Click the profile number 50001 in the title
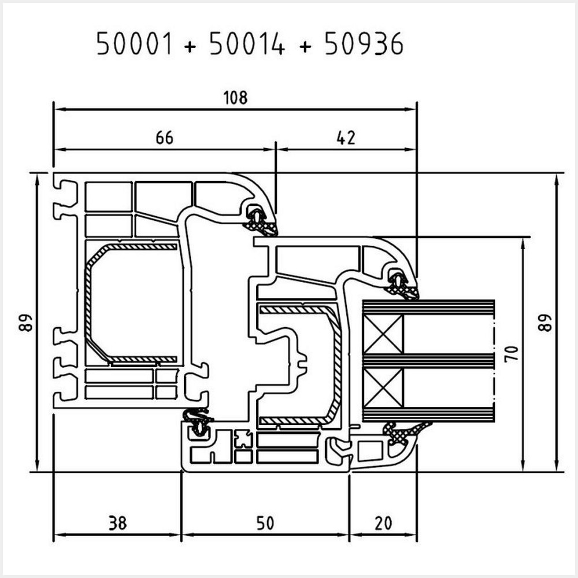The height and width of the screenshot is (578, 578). (x=134, y=44)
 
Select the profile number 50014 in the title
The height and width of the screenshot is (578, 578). (x=247, y=44)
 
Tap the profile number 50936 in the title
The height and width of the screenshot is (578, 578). (x=364, y=44)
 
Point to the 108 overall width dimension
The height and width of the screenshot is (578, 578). (x=235, y=98)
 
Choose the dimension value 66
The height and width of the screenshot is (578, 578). (x=165, y=138)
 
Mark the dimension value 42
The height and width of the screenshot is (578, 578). (x=346, y=138)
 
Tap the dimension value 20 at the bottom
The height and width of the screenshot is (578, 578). (x=383, y=523)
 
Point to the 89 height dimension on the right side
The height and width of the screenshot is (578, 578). (x=545, y=322)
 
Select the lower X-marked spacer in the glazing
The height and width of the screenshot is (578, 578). (x=384, y=389)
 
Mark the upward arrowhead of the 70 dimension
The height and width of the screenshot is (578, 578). (x=523, y=243)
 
